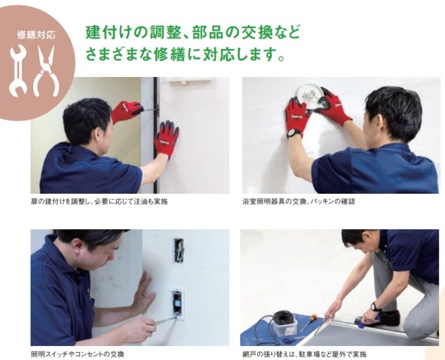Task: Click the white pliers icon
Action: coord(46,71)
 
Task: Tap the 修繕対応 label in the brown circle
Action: coord(36,35)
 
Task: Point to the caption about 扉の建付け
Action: coord(99,201)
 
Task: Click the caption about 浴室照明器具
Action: coord(299,201)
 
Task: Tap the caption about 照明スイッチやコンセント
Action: coord(78,354)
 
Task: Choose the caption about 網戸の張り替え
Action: coord(304,354)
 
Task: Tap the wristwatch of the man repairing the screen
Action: coord(374,307)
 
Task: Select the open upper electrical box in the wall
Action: coord(179,250)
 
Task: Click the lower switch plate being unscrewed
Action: coord(178,304)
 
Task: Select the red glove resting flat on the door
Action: coord(167,138)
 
